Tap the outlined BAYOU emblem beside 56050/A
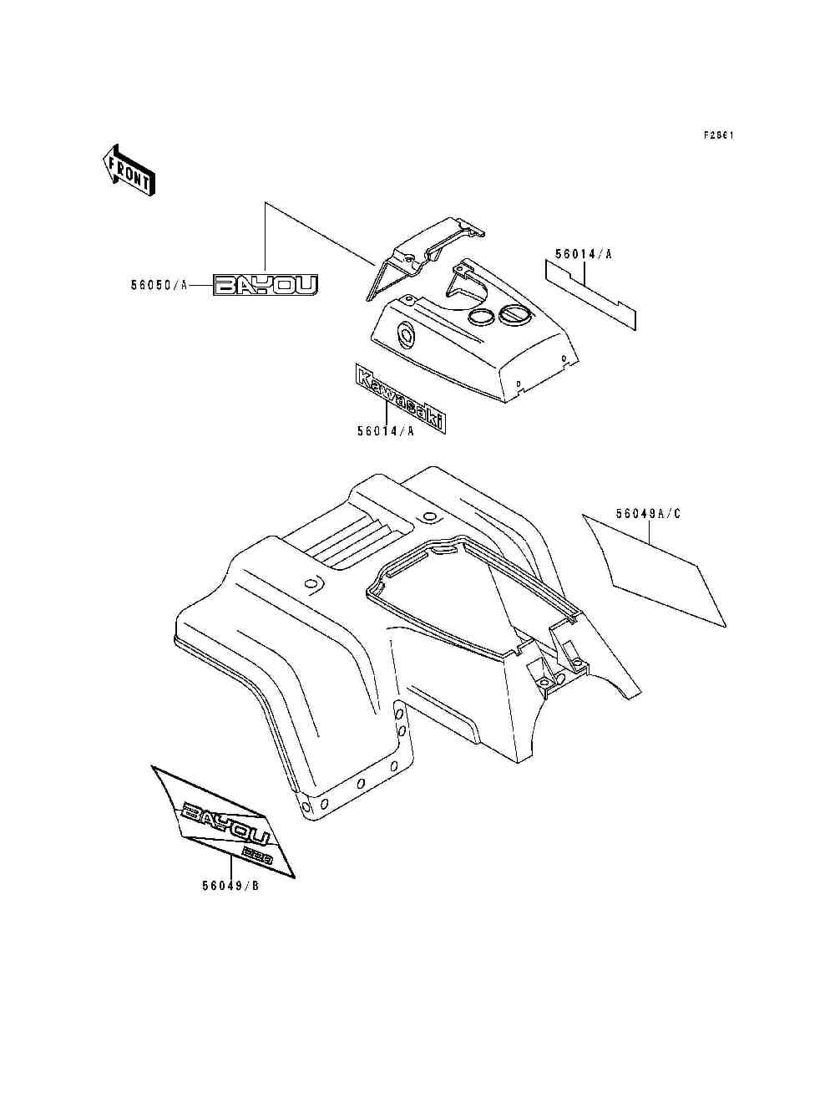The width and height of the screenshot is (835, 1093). (266, 285)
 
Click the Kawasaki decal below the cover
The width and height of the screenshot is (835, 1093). (400, 399)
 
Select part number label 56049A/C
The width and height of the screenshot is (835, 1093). (648, 514)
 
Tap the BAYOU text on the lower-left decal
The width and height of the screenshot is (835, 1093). (225, 823)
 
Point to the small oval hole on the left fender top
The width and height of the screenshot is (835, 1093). (311, 583)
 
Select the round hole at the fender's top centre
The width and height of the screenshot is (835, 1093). (429, 515)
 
